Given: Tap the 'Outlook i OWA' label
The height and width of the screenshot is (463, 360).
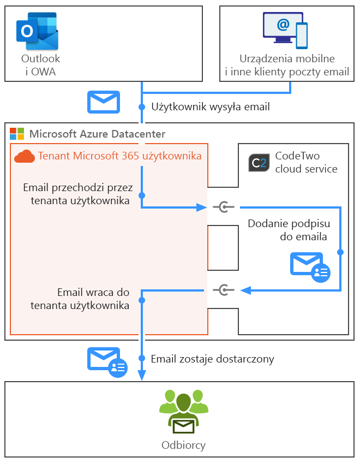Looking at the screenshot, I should tap(40, 65).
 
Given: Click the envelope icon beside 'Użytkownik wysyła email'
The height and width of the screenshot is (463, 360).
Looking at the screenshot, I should tap(104, 102).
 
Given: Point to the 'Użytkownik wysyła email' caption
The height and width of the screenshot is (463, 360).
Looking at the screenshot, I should tap(210, 106).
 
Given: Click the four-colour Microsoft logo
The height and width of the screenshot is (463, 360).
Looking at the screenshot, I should tap(17, 134).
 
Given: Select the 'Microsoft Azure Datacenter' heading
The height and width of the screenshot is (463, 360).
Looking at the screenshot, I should tap(97, 134).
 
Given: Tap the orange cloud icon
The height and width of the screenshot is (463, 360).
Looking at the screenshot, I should tap(25, 156).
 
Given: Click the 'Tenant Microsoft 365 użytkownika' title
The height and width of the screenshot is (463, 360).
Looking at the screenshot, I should tap(119, 156).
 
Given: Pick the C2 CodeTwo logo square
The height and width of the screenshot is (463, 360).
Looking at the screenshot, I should tap(258, 163).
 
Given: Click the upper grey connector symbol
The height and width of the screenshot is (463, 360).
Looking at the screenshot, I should tap(223, 207).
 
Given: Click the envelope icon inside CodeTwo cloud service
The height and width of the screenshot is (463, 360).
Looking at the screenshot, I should tap(309, 266).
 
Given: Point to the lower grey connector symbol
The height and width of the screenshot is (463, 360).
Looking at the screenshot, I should tap(223, 290).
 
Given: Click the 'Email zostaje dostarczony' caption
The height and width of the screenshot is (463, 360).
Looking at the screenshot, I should tap(212, 359).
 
